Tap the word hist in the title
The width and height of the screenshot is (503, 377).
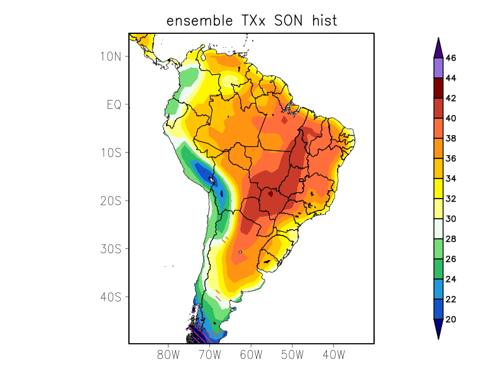tap(323, 21)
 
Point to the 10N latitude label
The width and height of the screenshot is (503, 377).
tap(110, 56)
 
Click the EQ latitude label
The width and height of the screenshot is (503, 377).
tap(113, 104)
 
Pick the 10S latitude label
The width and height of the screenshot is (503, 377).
tap(110, 153)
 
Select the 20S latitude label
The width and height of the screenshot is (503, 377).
tap(110, 200)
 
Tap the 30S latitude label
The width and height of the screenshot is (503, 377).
tap(110, 249)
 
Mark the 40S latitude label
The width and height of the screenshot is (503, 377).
tap(110, 297)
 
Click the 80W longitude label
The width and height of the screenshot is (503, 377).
tap(169, 355)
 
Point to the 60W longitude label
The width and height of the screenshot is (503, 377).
tap(251, 355)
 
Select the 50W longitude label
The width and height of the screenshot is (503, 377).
tap(292, 355)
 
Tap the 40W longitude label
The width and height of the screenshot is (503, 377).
tap(333, 355)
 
